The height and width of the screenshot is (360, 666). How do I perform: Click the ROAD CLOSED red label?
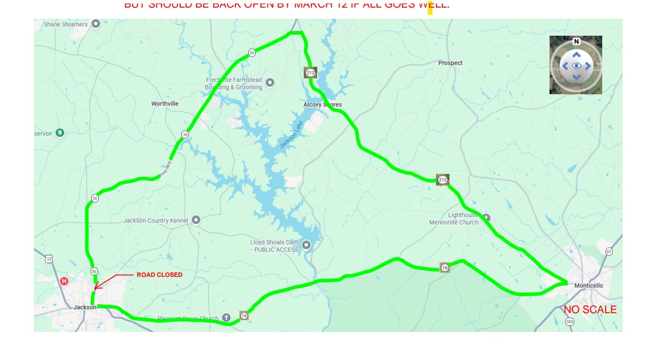point(159,275)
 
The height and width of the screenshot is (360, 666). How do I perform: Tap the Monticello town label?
point(588,286)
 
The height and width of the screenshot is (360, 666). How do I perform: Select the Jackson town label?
point(85,307)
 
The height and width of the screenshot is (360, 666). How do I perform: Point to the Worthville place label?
point(164,104)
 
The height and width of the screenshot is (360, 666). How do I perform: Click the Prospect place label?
point(450,63)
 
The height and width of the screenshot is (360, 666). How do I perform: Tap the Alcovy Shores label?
point(322,105)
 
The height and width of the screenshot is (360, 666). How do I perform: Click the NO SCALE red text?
point(590,310)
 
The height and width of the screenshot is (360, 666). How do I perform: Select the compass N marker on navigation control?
point(576,42)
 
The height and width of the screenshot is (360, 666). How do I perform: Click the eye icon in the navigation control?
point(576,66)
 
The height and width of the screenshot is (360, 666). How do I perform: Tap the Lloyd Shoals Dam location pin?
point(306,245)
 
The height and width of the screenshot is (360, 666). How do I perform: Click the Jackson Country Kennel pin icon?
point(196,220)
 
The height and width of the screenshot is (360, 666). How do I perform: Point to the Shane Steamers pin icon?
point(96,24)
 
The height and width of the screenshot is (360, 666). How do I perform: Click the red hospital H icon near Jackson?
point(64,281)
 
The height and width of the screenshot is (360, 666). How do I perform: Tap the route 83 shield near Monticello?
point(609,252)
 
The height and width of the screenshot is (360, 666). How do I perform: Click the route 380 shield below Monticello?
point(570,322)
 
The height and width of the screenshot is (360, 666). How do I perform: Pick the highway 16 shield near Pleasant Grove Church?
point(244,316)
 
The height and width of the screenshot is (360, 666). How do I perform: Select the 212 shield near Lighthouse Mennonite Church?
point(442,180)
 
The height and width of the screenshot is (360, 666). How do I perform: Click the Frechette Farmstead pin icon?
point(270,83)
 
